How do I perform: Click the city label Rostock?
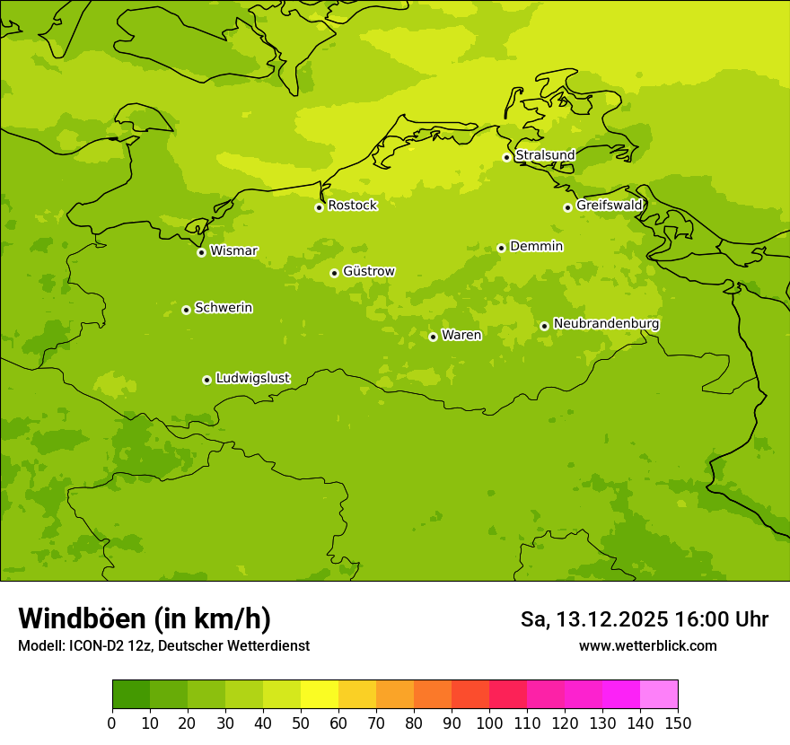(x=352, y=206)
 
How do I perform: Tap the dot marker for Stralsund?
(x=506, y=157)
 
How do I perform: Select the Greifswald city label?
(x=610, y=206)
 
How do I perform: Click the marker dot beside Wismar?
(x=201, y=252)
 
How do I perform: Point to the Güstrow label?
(x=368, y=271)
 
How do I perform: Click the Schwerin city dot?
(x=186, y=310)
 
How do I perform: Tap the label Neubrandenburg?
(x=606, y=324)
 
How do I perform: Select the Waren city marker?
(x=433, y=337)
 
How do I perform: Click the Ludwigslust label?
(x=252, y=379)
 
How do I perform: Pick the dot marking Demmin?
(x=501, y=248)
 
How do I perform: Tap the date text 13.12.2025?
(x=611, y=619)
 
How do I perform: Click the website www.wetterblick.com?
(x=647, y=646)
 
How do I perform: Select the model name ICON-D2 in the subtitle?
(x=100, y=646)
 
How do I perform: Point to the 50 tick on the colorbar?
(x=301, y=723)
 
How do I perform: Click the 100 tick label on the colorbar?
(x=489, y=723)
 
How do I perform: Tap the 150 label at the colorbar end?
(x=678, y=723)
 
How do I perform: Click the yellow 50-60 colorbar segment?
(x=320, y=695)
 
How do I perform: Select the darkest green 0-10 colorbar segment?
(x=131, y=695)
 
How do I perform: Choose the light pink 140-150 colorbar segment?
(x=659, y=695)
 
